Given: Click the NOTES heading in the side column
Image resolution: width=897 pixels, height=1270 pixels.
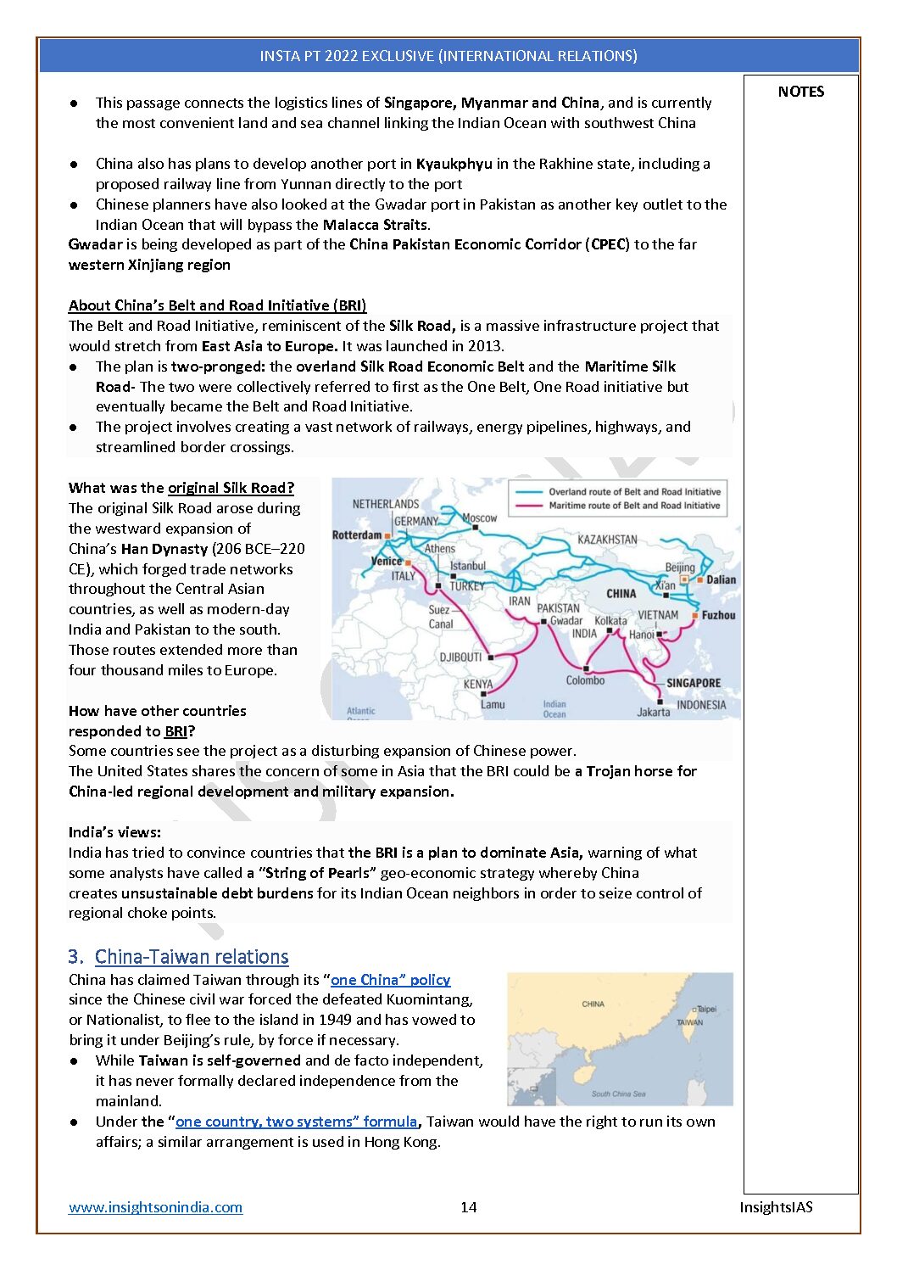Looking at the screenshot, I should pos(800,92).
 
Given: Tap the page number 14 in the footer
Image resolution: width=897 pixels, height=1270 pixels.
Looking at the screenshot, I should pos(468,1206).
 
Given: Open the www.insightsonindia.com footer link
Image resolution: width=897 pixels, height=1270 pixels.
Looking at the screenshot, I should pos(155,1206).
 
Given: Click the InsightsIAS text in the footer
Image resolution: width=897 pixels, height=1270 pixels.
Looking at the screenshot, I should pos(775,1206).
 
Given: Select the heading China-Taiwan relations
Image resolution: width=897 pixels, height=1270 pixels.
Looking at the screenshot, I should pos(192,957).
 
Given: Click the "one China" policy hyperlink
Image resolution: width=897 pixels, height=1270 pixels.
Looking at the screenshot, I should pos(390,980).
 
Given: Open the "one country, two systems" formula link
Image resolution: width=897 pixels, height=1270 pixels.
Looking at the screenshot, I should pos(296,1122).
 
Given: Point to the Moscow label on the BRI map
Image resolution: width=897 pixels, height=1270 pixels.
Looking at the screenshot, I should pos(480,518).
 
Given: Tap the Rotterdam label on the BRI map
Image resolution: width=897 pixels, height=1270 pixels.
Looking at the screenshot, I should pos(357,535).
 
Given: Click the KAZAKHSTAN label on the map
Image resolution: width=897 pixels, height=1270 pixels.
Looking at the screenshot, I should pos(607,540).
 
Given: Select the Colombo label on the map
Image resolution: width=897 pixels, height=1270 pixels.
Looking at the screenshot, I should pos(585,680).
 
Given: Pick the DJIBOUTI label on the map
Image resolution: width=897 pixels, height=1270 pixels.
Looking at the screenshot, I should pos(460,657).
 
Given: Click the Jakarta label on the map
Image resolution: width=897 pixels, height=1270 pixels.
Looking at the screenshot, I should pos(653,712).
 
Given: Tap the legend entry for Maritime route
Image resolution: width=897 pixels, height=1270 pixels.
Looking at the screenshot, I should pos(633,506).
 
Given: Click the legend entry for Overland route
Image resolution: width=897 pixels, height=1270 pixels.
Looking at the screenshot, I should pos(634,492).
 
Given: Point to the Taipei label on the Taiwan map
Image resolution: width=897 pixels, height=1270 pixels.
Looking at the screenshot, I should pos(706,1009).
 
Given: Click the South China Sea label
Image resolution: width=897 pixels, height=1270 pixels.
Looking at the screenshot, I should pos(618,1094).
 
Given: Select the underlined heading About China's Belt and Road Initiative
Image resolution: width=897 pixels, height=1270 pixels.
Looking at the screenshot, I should pos(217,305).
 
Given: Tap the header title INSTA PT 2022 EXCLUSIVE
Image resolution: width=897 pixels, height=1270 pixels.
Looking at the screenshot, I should pos(448,56).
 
